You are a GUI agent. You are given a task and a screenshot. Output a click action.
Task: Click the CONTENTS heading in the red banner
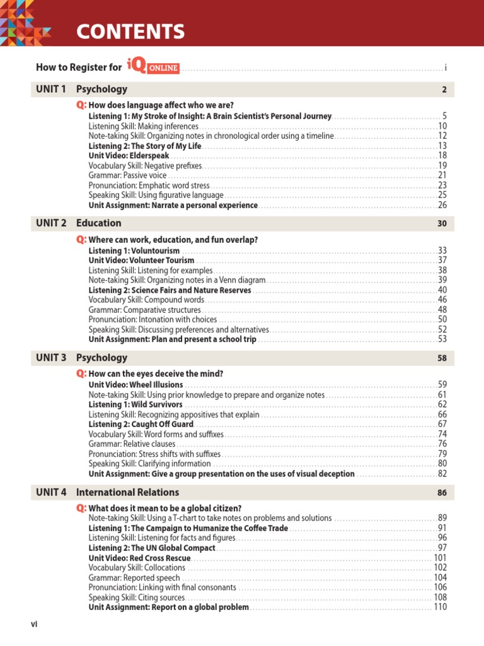(x=130, y=32)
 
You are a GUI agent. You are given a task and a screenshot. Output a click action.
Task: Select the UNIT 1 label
(x=51, y=90)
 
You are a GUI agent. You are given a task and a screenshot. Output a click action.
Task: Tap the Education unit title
(x=99, y=223)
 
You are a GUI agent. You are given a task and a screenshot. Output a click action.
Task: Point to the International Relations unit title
(x=127, y=492)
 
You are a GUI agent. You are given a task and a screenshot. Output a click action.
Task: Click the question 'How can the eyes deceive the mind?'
(x=156, y=373)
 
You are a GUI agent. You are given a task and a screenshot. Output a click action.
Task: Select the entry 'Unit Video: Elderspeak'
(x=129, y=155)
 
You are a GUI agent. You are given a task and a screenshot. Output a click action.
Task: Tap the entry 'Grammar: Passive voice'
(x=127, y=175)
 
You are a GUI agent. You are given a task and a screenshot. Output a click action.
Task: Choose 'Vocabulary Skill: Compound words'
(x=146, y=300)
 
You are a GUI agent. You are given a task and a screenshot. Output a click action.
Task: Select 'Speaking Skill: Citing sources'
(x=137, y=597)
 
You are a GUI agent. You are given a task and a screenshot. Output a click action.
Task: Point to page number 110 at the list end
(x=440, y=607)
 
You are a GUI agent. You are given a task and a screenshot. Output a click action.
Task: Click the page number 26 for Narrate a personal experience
(x=442, y=205)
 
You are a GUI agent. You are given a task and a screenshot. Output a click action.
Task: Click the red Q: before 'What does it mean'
(x=81, y=508)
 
